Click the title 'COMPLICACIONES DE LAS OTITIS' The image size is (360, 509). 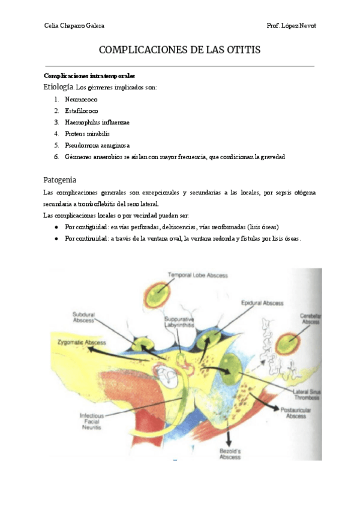point(179,50)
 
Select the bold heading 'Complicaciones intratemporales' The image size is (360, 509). point(89,76)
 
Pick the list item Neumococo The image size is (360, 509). point(81,100)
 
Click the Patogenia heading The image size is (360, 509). point(60,179)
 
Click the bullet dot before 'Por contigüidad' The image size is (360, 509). point(56,227)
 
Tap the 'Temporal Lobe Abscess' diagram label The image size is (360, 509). point(197,276)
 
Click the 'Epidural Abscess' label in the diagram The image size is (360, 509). point(262,303)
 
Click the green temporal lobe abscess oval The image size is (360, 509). point(160,295)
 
